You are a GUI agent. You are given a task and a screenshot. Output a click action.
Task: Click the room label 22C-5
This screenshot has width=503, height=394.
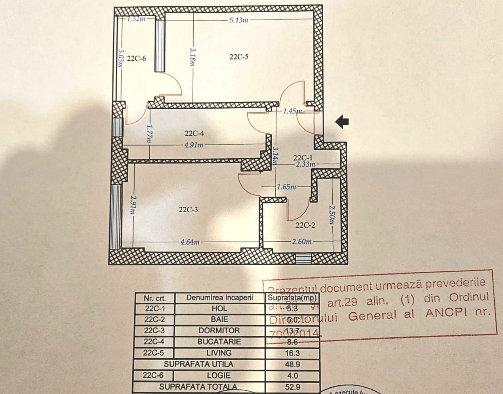click(x=239, y=57)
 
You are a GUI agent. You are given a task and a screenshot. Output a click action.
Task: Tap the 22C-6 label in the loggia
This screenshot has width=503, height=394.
click(x=136, y=59)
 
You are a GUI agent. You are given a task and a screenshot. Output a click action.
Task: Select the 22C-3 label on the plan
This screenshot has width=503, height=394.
click(x=188, y=209)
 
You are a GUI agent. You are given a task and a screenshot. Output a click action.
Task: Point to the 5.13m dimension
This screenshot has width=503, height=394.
click(x=238, y=20)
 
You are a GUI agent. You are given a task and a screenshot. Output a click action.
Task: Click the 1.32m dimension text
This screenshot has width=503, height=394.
click(x=136, y=19)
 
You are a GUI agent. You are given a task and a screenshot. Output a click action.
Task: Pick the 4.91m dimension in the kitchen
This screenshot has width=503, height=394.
click(x=194, y=145)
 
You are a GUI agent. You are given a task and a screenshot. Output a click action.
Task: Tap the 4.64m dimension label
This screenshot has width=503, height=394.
click(x=190, y=242)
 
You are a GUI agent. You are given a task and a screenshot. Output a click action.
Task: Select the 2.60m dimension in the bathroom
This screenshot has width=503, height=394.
click(x=301, y=241)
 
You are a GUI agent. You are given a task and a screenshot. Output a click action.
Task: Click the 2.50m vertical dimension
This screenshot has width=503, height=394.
click(x=332, y=215)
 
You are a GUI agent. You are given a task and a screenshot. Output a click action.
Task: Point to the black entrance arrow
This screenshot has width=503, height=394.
click(x=342, y=122)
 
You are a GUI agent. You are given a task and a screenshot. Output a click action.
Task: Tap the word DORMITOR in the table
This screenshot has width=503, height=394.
click(x=219, y=331)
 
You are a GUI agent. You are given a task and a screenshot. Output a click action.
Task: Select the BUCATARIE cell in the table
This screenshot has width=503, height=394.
click(x=219, y=342)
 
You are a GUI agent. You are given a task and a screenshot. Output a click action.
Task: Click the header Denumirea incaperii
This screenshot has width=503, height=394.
click(x=219, y=298)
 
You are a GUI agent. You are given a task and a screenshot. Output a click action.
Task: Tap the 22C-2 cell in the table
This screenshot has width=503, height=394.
click(x=154, y=319)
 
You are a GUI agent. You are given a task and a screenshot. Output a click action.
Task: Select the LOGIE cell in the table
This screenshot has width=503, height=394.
click(x=219, y=375)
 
